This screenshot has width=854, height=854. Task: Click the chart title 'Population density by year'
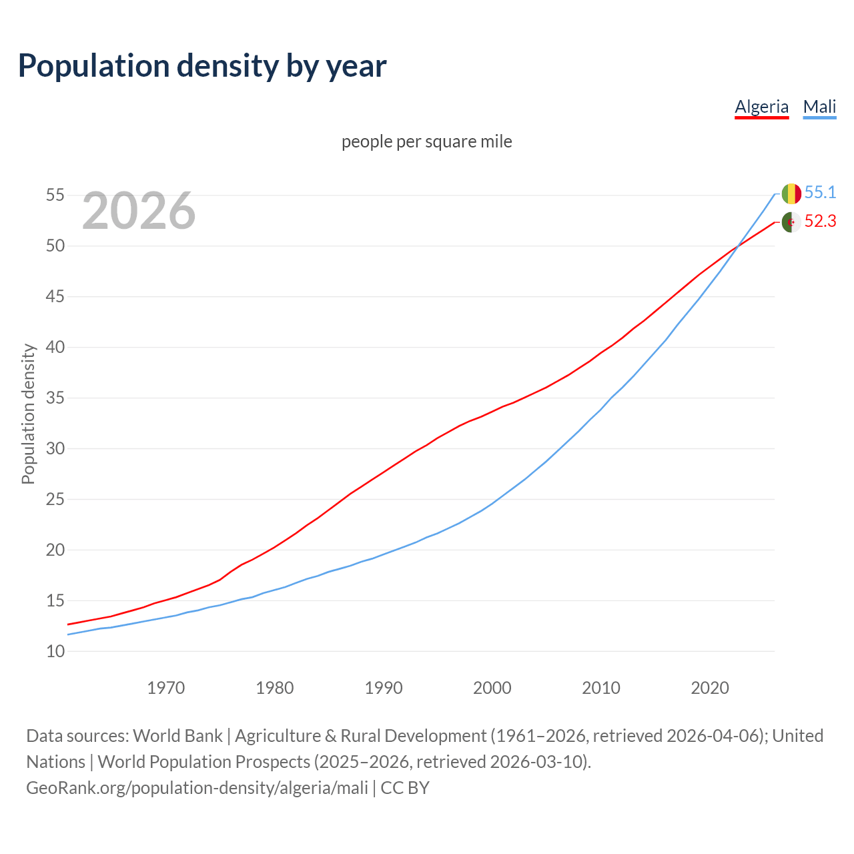click(x=202, y=65)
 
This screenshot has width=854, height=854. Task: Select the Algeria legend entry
click(x=761, y=107)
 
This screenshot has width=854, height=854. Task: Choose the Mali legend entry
click(x=819, y=107)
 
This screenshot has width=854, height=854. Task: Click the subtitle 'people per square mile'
click(x=426, y=141)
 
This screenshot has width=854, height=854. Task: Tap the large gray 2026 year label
click(x=139, y=211)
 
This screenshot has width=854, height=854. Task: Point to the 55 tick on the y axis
click(x=55, y=195)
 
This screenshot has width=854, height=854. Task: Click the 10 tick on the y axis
click(x=55, y=651)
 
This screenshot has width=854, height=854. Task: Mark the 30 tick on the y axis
click(x=55, y=448)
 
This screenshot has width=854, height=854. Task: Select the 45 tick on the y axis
click(x=55, y=296)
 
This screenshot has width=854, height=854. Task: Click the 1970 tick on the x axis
click(x=165, y=688)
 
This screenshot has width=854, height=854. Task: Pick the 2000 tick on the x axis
click(x=492, y=688)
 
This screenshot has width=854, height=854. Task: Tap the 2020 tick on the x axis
click(x=710, y=688)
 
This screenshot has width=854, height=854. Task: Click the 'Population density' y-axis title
click(x=28, y=414)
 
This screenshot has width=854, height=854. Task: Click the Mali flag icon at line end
click(x=791, y=193)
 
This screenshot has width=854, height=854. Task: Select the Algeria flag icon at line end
click(x=791, y=222)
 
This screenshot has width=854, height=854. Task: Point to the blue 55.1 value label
click(x=820, y=193)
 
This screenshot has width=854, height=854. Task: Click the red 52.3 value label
click(x=820, y=222)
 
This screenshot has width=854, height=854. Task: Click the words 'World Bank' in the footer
click(x=177, y=735)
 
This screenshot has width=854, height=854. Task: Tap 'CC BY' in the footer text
click(x=405, y=787)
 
